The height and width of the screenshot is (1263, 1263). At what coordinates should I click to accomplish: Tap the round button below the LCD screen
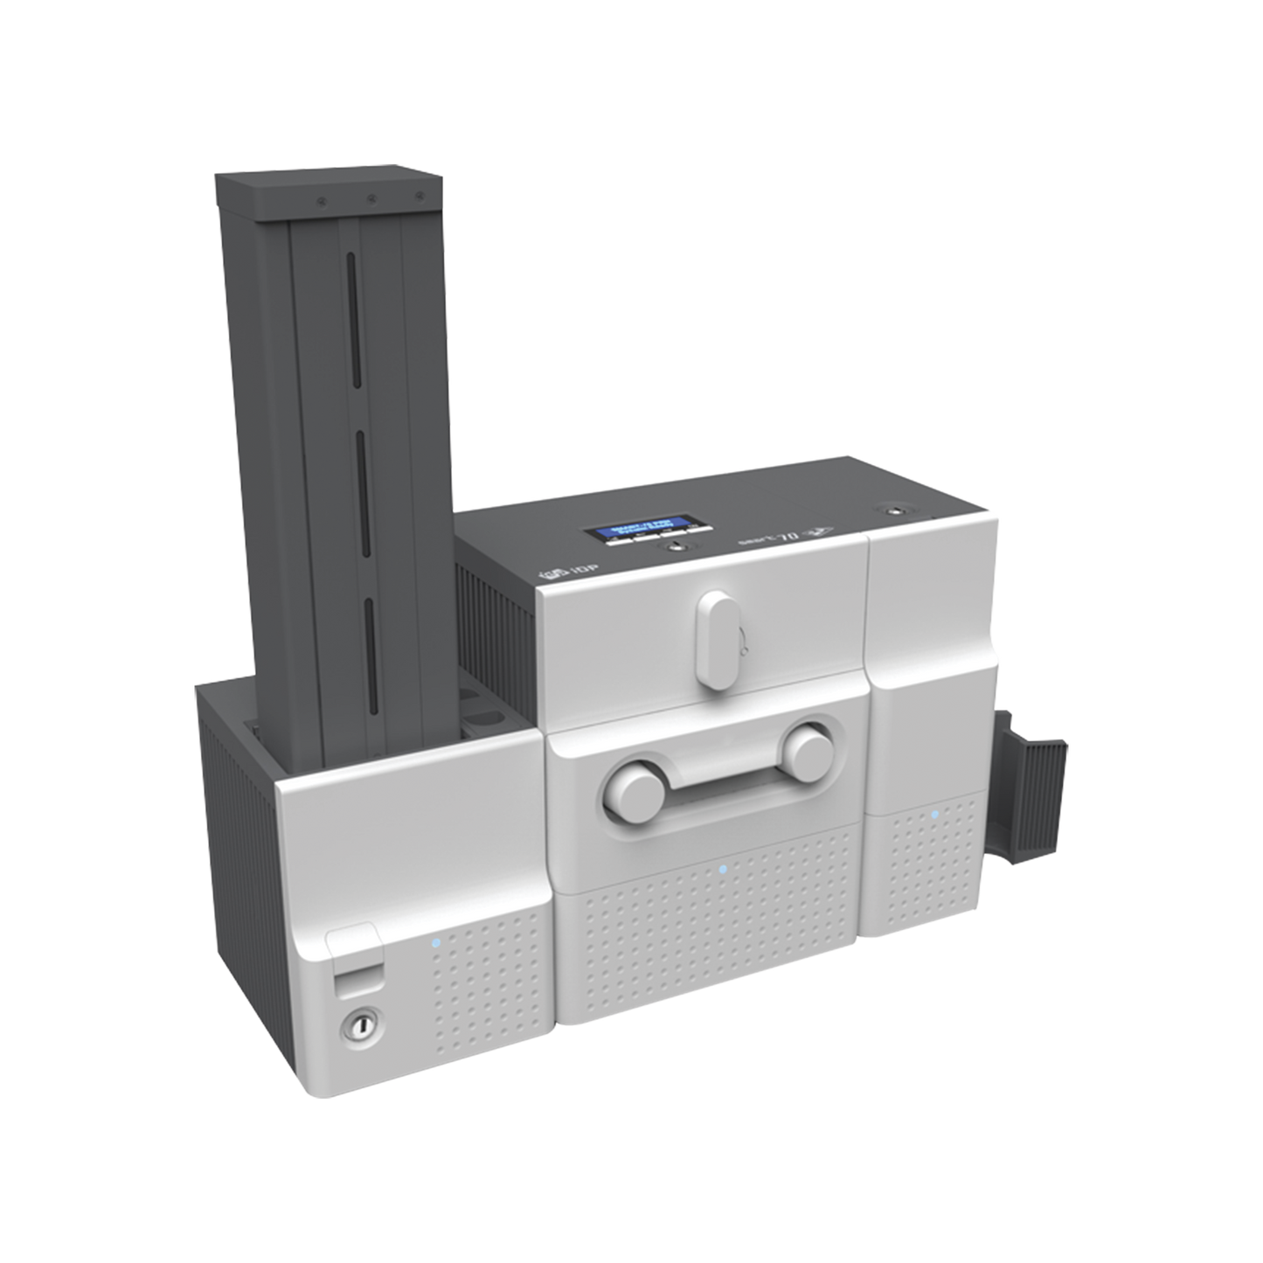pos(673,547)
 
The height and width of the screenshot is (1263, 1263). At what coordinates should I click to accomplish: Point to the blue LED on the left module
pos(434,942)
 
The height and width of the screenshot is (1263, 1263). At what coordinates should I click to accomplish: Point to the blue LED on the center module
pos(722,870)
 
